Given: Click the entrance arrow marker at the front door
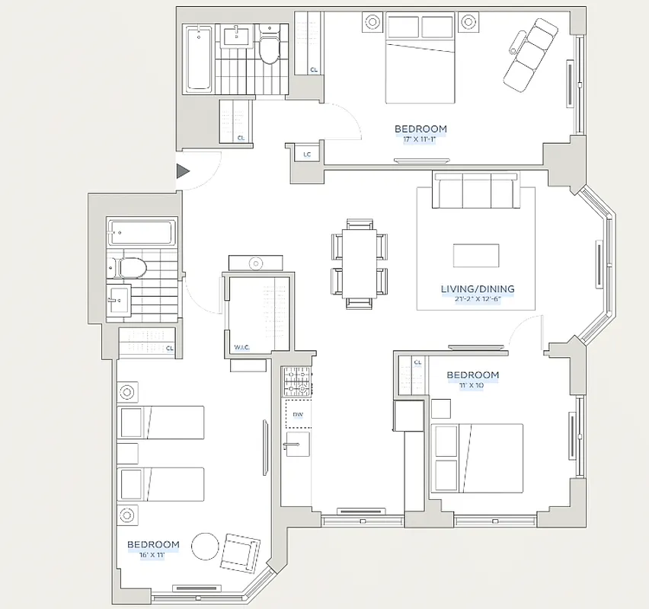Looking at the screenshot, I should [183, 171].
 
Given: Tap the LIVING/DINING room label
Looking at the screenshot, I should [478, 289].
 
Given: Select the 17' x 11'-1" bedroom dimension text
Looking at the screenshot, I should [420, 139].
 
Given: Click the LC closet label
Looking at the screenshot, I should [307, 155].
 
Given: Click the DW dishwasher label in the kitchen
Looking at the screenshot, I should [298, 415].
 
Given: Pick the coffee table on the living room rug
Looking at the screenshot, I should [476, 255].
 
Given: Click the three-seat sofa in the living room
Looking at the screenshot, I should [476, 190].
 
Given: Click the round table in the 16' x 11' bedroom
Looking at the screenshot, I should [205, 546].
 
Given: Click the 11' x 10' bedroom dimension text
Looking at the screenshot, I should [472, 385].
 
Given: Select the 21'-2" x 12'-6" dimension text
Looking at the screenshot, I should [478, 299].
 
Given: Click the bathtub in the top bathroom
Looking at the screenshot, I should [200, 57].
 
